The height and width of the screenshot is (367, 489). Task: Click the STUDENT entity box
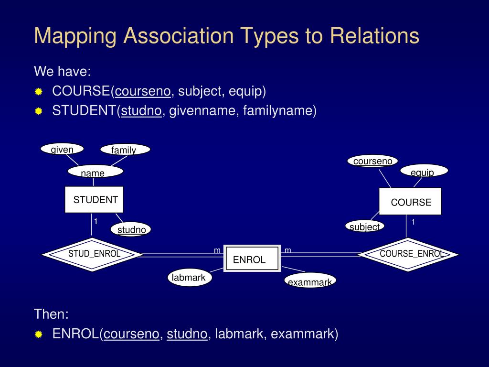pos(94,200)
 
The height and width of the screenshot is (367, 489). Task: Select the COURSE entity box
pos(410,201)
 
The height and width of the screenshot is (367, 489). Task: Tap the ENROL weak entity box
pos(252,259)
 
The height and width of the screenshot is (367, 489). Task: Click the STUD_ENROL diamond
pos(92,255)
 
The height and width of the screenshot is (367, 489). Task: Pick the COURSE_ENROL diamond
pos(408,255)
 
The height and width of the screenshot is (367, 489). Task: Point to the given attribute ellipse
pos(62,149)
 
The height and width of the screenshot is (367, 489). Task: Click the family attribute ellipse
pos(125,149)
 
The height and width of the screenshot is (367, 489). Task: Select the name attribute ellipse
pos(96,172)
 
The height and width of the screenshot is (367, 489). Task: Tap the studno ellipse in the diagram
pos(131,229)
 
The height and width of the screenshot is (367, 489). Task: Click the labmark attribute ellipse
pos(190,278)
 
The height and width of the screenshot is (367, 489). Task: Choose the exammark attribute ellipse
pos(310,281)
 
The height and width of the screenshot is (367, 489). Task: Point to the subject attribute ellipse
pos(364,226)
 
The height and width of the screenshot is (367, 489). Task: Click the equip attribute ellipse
pos(424,171)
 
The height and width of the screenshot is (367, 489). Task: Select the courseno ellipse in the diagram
pos(372,161)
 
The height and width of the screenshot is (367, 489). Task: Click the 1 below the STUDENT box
pos(96,222)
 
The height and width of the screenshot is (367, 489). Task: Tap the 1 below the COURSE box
pos(413,222)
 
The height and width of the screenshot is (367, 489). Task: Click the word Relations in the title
pos(374,35)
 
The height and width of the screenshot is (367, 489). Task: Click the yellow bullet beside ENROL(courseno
pos(38,334)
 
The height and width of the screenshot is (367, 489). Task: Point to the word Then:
pos(51,314)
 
